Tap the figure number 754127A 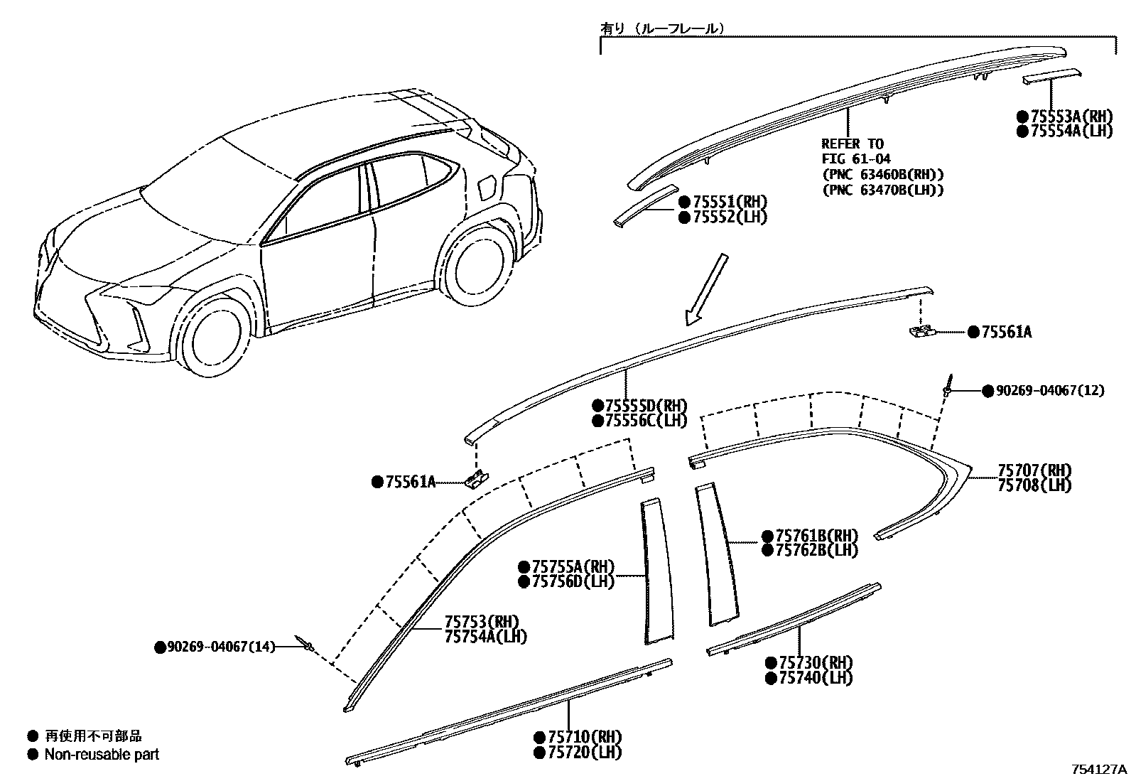pos(1100,770)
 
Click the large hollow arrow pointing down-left pos(705,288)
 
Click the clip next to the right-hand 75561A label pos(922,330)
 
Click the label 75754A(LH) pos(486,637)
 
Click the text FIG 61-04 pos(856,159)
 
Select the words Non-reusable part pos(102,754)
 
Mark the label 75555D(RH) pos(646,405)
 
